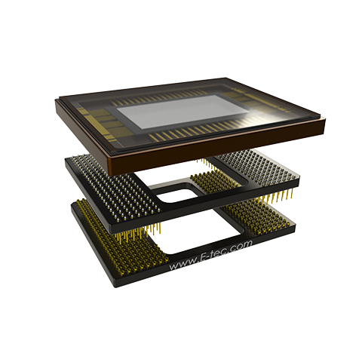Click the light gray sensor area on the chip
pos(180,110)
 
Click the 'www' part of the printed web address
pos(181,265)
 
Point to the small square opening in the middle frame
pos(176,194)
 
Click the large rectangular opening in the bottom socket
pos(198,232)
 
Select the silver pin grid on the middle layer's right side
pos(256,165)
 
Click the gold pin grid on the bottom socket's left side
pos(121,239)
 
